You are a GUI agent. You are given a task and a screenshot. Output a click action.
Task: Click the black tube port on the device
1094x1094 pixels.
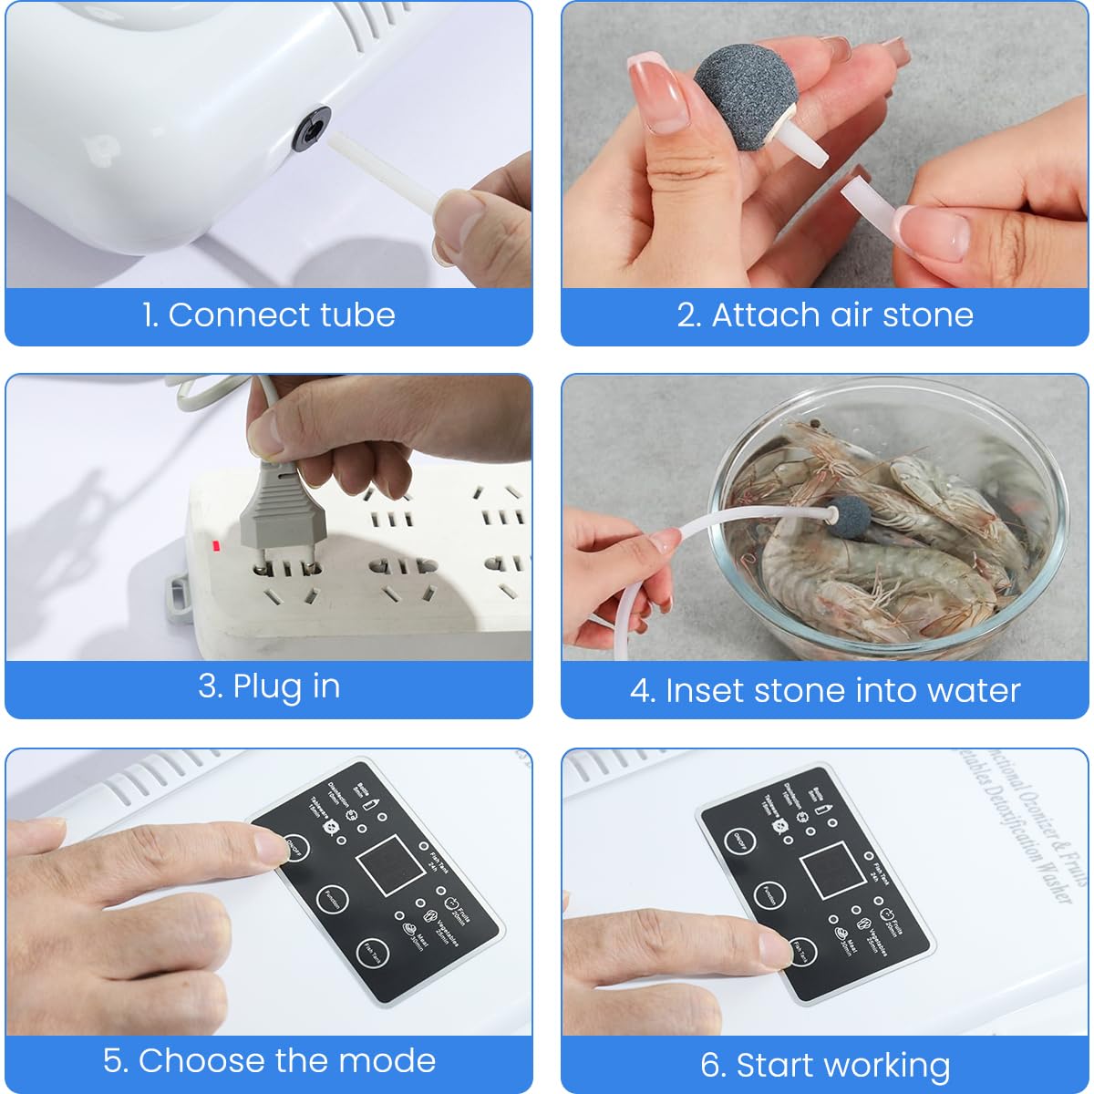(x=310, y=128)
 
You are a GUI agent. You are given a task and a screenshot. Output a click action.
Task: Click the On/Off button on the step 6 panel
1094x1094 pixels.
(x=740, y=841)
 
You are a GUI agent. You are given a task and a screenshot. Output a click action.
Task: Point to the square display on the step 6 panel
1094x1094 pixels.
(x=832, y=870)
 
